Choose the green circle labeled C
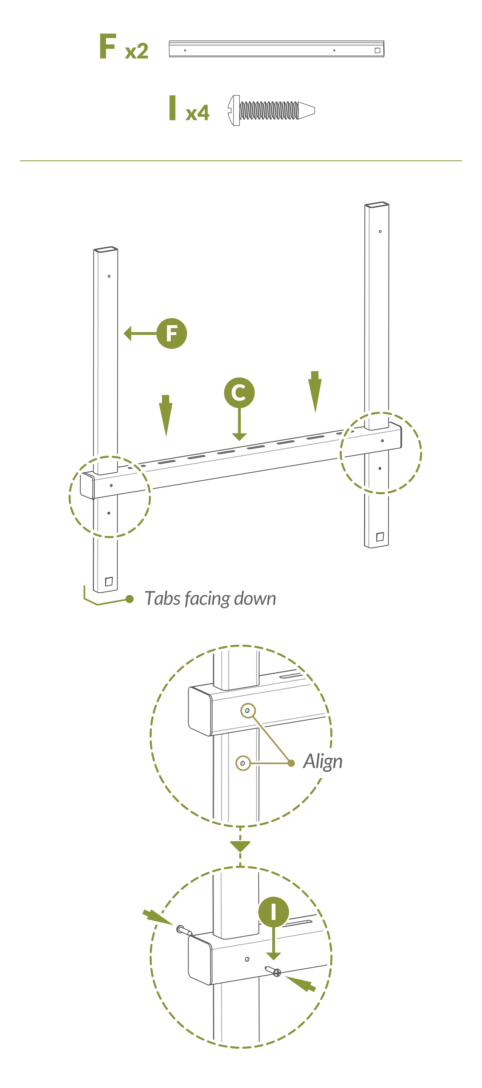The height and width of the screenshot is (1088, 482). tap(239, 392)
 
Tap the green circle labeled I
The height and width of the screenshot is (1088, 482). tap(274, 911)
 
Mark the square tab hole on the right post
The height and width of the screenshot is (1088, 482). tap(379, 537)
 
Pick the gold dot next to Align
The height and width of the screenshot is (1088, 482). tap(291, 763)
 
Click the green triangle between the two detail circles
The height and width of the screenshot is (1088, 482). tap(240, 846)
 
